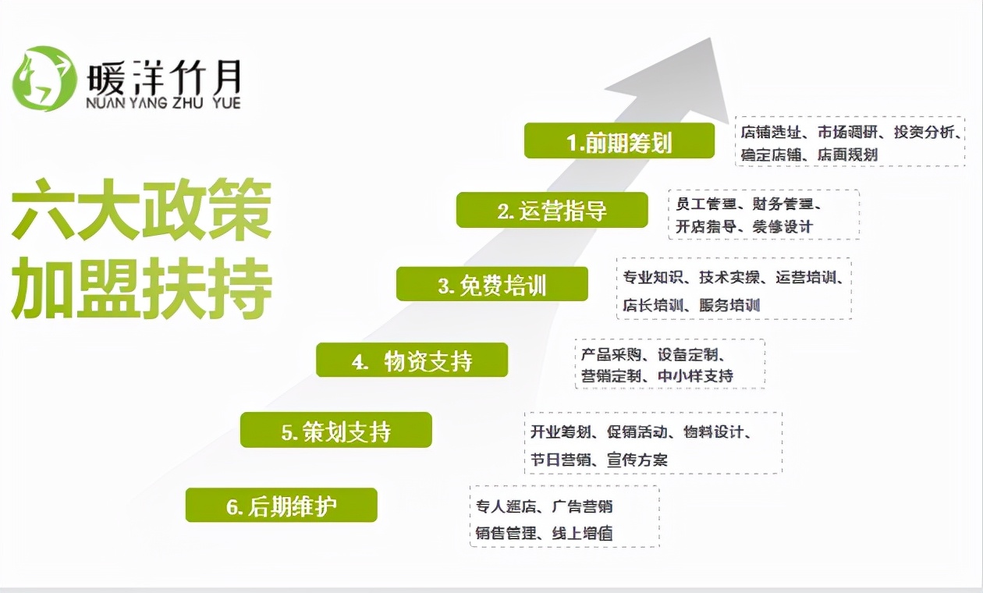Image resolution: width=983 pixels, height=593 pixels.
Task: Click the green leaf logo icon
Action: (x=44, y=78)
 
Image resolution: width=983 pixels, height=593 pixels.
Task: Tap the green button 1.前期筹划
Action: (x=619, y=141)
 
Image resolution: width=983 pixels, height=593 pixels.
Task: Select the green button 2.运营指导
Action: (x=552, y=211)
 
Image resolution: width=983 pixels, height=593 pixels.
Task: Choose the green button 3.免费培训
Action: (x=491, y=285)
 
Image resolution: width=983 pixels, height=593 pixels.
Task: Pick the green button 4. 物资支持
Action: (x=411, y=361)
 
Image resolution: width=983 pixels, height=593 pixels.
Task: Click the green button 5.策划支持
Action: (x=335, y=431)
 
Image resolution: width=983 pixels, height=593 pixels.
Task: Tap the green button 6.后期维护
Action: (x=281, y=506)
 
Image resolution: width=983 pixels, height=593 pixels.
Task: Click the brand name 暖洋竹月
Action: (x=165, y=76)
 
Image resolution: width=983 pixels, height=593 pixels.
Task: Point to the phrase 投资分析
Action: (x=924, y=132)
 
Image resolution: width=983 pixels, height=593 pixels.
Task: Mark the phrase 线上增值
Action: (x=583, y=534)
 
